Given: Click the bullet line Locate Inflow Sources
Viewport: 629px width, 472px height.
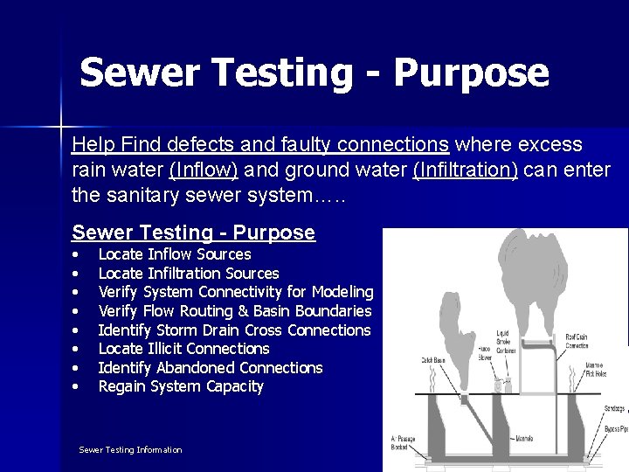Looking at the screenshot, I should [174, 254].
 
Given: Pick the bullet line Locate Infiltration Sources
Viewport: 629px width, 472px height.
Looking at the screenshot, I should [189, 274].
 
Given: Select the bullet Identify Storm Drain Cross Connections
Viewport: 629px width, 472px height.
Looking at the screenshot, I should [234, 330].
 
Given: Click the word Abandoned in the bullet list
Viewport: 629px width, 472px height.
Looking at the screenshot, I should [195, 368].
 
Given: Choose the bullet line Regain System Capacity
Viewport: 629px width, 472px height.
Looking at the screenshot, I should [180, 386].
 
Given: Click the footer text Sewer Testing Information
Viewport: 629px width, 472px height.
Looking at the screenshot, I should [130, 449].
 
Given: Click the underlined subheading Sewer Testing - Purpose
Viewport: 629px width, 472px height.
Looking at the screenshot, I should [193, 233].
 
